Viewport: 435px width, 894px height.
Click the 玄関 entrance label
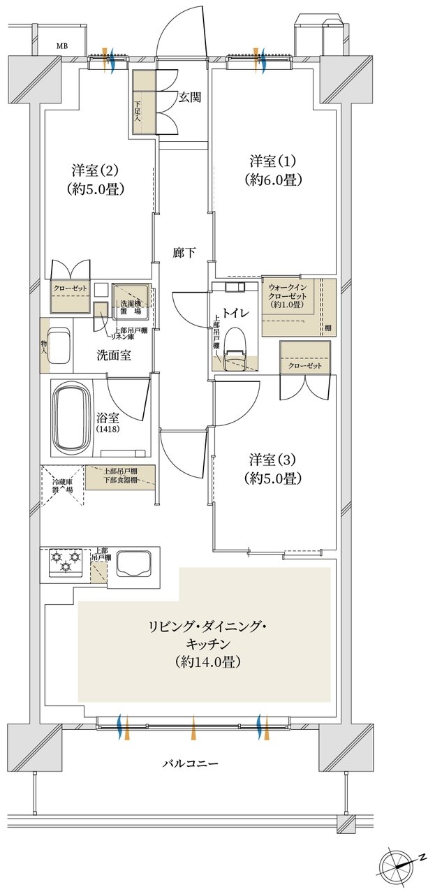190,98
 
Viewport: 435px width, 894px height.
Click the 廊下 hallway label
184,254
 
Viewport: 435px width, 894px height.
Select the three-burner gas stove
65,562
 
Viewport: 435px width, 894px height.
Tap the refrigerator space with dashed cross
62,485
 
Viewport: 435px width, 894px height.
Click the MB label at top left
63,47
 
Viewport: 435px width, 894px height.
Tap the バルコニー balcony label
191,764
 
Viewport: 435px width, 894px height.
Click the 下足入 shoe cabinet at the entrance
138,103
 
